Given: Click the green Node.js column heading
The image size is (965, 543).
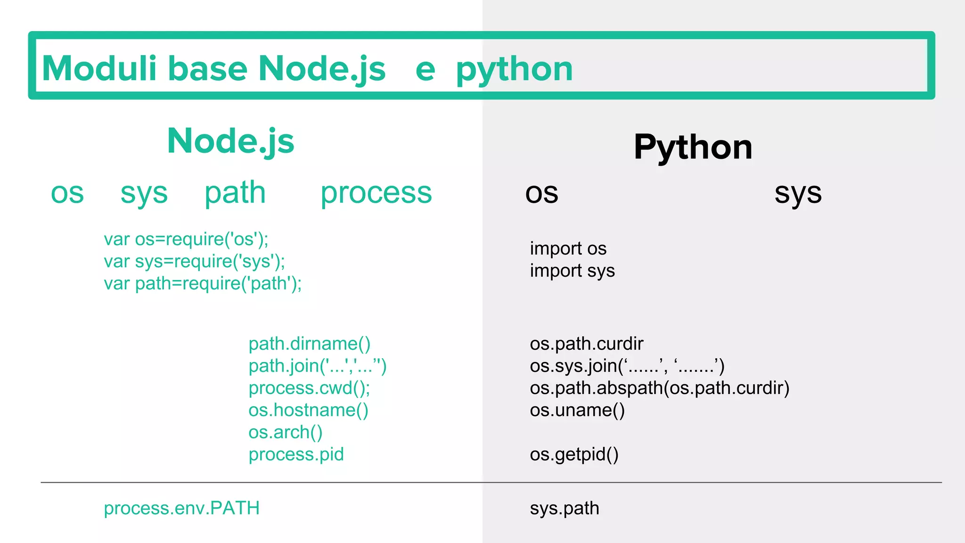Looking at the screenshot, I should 230,141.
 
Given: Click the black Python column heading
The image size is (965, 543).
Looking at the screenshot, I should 693,147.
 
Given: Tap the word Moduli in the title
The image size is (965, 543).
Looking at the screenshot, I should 99,68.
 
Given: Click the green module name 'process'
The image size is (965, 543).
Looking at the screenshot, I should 376,193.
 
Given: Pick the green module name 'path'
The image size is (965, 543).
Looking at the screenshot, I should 235,193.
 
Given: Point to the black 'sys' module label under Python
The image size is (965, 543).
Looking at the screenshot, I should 798,193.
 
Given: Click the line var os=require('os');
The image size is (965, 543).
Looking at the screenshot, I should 186,239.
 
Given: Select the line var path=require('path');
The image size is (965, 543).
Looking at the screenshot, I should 203,284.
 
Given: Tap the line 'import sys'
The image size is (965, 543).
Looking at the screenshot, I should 572,271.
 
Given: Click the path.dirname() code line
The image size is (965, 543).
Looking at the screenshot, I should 310,344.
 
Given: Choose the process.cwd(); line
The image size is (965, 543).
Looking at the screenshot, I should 309,388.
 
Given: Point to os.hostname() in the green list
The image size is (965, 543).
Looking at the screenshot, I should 308,411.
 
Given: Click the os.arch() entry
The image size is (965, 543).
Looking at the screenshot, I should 285,433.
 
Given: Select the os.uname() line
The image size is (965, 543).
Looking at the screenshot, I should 577,411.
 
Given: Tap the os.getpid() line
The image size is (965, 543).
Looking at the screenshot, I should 574,455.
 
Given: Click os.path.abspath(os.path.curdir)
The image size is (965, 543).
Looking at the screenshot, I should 659,388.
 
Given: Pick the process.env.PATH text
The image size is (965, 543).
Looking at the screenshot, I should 181,509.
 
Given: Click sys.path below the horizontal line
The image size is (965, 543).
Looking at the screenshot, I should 564,509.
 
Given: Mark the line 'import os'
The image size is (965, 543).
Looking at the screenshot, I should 568,249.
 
